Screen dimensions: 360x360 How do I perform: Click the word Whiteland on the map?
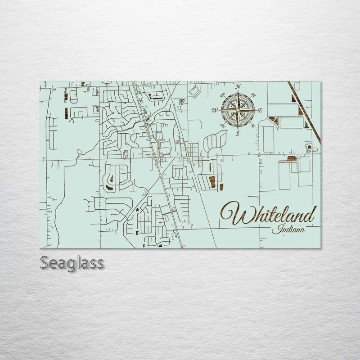point(268,215)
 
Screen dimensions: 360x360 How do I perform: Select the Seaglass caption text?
point(72,263)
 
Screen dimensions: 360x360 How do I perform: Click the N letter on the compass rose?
point(238,86)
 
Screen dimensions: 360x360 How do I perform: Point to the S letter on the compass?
point(238,134)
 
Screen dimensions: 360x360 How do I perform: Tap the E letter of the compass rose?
point(261,110)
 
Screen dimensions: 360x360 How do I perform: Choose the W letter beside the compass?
point(215,110)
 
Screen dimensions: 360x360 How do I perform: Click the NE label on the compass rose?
point(253,95)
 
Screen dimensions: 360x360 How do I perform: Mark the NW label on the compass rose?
point(222,95)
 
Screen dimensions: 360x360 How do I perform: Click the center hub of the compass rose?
point(238,110)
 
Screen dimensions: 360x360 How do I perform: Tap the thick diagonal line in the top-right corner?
point(305,112)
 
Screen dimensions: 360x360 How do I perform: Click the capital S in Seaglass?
point(45,262)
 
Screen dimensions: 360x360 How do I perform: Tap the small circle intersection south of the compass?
point(259,155)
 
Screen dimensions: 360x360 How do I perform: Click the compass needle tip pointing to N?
point(238,91)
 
